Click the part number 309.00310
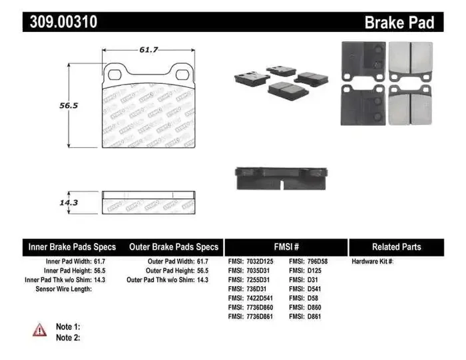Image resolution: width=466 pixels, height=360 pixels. [x=64, y=22]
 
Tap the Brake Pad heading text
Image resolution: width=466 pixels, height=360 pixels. [x=399, y=23]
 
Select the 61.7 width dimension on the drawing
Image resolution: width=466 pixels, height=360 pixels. [x=148, y=50]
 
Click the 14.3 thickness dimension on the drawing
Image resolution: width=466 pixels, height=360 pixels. [x=65, y=202]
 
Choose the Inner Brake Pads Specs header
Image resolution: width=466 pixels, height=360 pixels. [x=72, y=247]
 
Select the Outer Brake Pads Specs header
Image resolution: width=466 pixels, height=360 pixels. [x=173, y=247]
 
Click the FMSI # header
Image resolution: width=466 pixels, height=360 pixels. [x=286, y=247]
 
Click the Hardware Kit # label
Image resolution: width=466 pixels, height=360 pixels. [x=373, y=262]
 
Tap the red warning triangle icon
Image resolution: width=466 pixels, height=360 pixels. [x=40, y=329]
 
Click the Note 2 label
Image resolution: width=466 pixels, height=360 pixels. [x=68, y=338]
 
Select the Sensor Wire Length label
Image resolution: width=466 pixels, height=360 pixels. [x=63, y=289]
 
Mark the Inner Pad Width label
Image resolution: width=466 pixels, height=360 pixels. [x=65, y=262]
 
